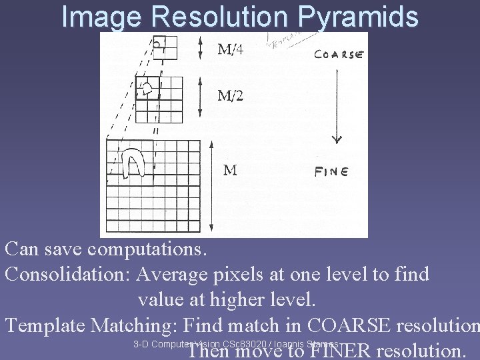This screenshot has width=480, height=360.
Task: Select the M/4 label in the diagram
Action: (231, 50)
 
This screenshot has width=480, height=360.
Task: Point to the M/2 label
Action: (231, 95)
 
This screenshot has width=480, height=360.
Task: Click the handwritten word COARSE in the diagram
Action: (338, 55)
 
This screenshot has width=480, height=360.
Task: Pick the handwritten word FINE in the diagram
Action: (331, 171)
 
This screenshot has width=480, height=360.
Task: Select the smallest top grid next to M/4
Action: (165, 47)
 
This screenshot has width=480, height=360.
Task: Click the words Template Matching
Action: (91, 325)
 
